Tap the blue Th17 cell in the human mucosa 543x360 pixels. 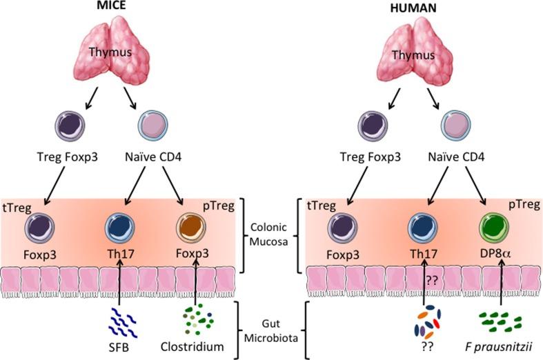click(422, 228)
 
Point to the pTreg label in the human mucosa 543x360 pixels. click(522, 207)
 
